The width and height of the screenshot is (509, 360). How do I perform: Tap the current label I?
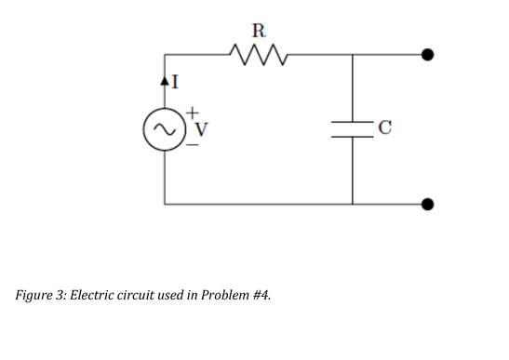(172, 82)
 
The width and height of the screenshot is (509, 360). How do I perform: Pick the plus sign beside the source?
(192, 112)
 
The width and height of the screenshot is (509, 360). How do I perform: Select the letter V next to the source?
(196, 127)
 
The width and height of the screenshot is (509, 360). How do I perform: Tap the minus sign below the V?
(192, 143)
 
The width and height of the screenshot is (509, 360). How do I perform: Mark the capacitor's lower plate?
(353, 134)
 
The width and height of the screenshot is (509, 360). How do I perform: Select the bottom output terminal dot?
(428, 203)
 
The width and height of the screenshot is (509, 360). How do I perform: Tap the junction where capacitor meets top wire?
(353, 55)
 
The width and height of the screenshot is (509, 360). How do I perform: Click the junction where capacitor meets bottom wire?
(353, 203)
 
